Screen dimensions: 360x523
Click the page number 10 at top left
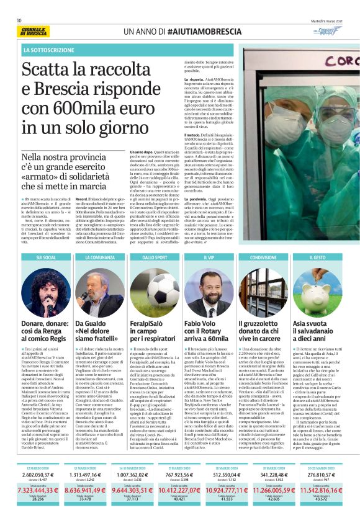click(x=19, y=20)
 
